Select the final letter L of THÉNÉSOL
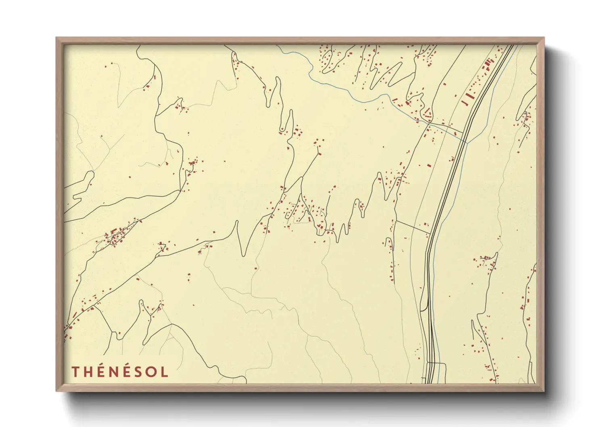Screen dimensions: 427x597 (164, 372)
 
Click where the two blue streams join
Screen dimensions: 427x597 (467, 142)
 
